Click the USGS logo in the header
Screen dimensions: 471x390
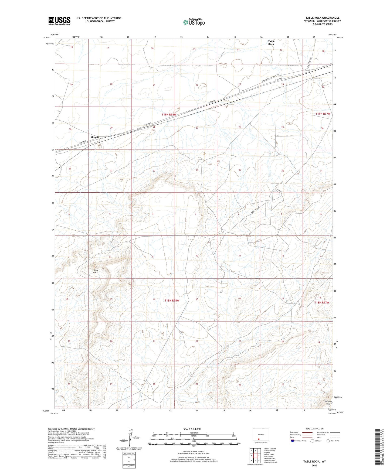(x=59, y=21)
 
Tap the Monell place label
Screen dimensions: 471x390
(x=94, y=137)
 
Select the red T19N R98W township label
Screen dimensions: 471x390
(x=169, y=115)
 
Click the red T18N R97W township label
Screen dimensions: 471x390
(x=322, y=303)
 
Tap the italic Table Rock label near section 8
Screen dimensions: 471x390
(x=96, y=271)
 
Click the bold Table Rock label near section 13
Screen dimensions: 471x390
(x=271, y=43)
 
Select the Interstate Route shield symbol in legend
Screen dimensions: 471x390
(x=293, y=441)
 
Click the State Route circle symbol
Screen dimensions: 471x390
(x=328, y=441)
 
